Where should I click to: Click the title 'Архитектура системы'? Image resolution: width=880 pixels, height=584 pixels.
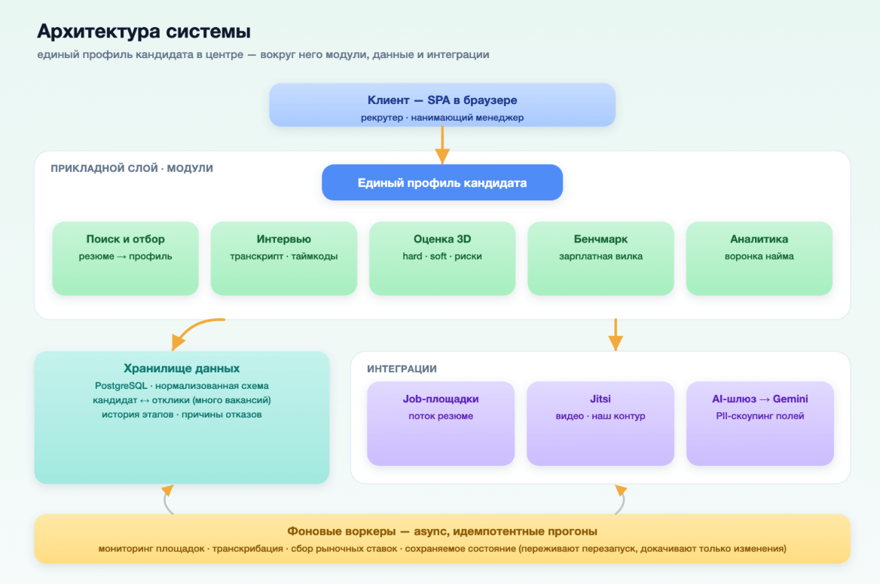[144, 32]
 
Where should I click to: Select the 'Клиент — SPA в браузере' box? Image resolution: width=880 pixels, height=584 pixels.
[442, 105]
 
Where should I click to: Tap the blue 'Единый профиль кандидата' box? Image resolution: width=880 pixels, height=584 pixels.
[442, 182]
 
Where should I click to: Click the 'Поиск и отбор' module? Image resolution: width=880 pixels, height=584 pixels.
[126, 258]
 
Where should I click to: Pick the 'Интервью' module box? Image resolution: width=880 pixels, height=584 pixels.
[284, 258]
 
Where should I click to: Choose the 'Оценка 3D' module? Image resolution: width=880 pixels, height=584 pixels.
[442, 258]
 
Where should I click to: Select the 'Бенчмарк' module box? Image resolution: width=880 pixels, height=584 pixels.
[600, 258]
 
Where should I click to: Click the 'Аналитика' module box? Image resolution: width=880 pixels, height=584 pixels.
[759, 258]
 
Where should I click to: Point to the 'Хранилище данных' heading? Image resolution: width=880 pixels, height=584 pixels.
[182, 368]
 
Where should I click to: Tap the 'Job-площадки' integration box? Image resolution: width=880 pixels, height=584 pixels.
[441, 423]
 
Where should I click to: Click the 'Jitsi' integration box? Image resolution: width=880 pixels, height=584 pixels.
[600, 423]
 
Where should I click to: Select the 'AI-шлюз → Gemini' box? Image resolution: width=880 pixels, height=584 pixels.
[760, 423]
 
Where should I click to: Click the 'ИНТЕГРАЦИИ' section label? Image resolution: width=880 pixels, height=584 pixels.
[402, 369]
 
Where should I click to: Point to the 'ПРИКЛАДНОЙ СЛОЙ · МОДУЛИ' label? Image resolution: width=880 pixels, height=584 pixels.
[132, 169]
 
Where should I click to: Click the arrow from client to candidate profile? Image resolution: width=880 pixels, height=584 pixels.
[442, 145]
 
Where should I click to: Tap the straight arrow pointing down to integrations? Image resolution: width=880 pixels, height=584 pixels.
[616, 335]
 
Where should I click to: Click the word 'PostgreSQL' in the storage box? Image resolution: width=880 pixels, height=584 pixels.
[121, 386]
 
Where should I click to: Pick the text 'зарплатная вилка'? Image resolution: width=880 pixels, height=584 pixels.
[600, 256]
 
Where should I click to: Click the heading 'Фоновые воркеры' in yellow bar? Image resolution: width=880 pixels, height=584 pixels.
[341, 531]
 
